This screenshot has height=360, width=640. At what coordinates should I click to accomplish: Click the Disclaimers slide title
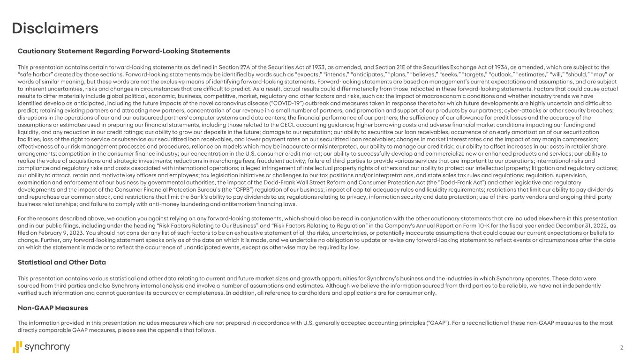click(55, 28)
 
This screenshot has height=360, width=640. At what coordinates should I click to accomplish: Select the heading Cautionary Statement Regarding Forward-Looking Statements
click(124, 51)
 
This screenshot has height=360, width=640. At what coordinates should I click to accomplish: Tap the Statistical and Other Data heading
click(65, 262)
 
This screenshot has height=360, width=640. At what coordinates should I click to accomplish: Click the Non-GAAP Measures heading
click(53, 308)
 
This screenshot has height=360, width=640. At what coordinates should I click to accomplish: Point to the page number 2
click(622, 347)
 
